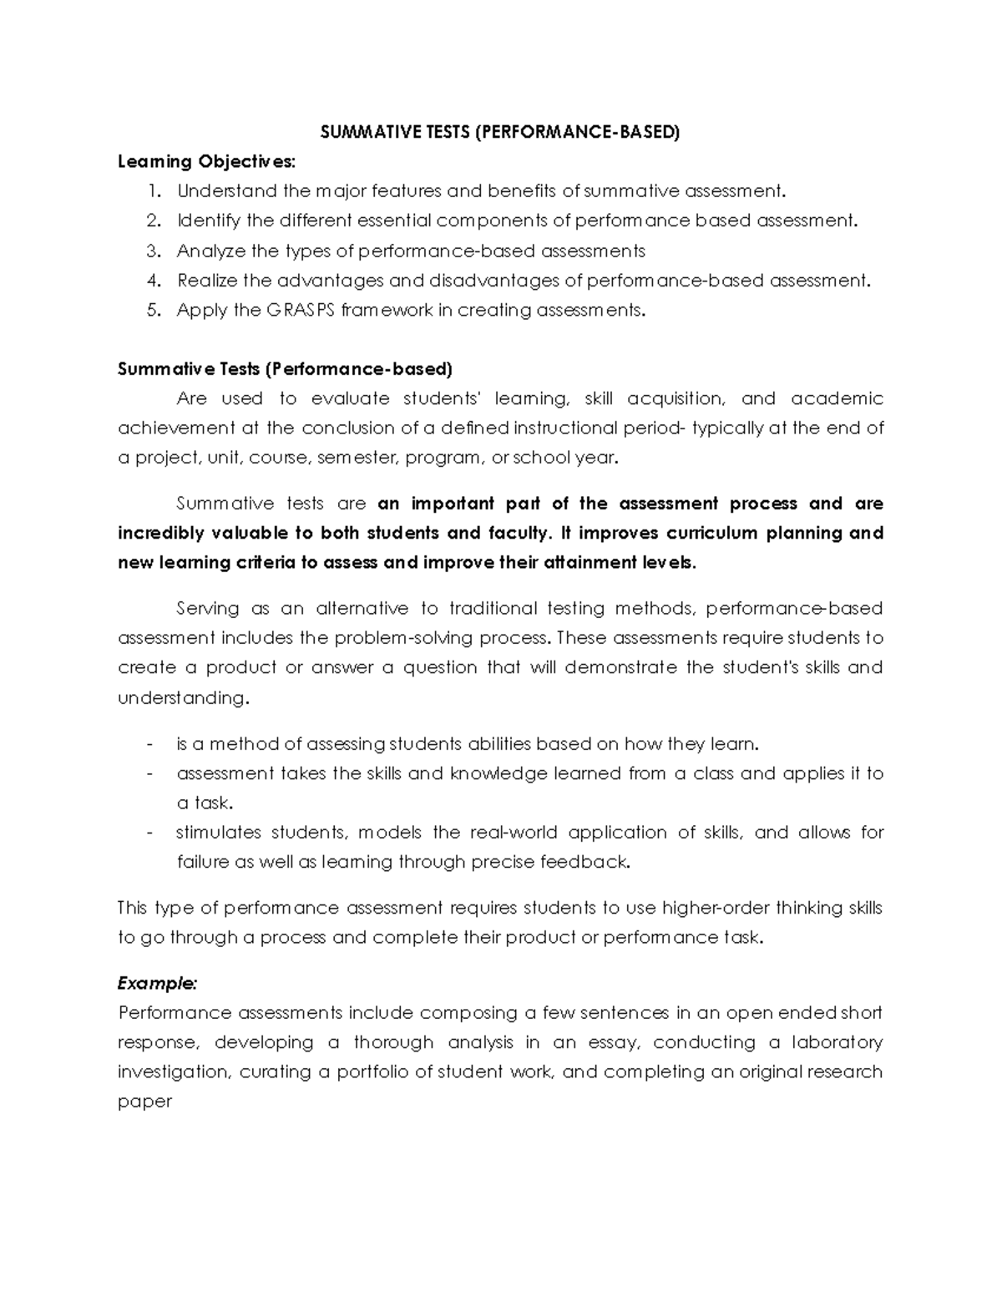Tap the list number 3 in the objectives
click(152, 251)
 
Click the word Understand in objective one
click(226, 191)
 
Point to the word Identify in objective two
click(208, 221)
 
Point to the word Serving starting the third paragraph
click(207, 609)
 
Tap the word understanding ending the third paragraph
click(182, 697)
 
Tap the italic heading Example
click(157, 983)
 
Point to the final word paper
click(144, 1102)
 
